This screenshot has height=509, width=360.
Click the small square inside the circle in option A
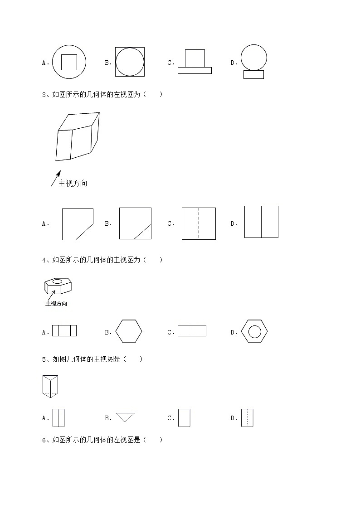tap(69, 62)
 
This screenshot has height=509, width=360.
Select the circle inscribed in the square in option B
tap(130, 62)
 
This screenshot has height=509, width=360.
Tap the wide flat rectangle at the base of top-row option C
tap(195, 70)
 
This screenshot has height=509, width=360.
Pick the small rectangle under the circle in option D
tap(253, 75)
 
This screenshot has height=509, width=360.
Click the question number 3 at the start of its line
tap(44, 95)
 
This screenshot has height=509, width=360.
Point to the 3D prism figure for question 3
tap(78, 136)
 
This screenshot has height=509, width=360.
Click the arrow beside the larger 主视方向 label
tap(55, 179)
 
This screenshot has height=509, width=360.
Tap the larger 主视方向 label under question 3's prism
tap(73, 184)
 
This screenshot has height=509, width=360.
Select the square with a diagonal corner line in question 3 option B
tap(135, 223)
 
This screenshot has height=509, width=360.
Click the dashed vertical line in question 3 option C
tap(199, 223)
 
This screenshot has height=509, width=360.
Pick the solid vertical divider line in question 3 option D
tap(261, 222)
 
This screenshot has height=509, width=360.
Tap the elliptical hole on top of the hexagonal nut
tap(57, 281)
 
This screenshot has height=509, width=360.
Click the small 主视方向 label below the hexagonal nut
tap(56, 304)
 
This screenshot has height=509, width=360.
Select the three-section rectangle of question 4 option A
tap(64, 331)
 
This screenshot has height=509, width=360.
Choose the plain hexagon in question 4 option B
tap(129, 331)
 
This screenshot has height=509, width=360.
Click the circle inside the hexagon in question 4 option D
tap(254, 331)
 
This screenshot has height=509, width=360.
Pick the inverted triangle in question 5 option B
tap(126, 417)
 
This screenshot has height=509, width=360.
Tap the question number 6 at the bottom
tap(44, 440)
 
